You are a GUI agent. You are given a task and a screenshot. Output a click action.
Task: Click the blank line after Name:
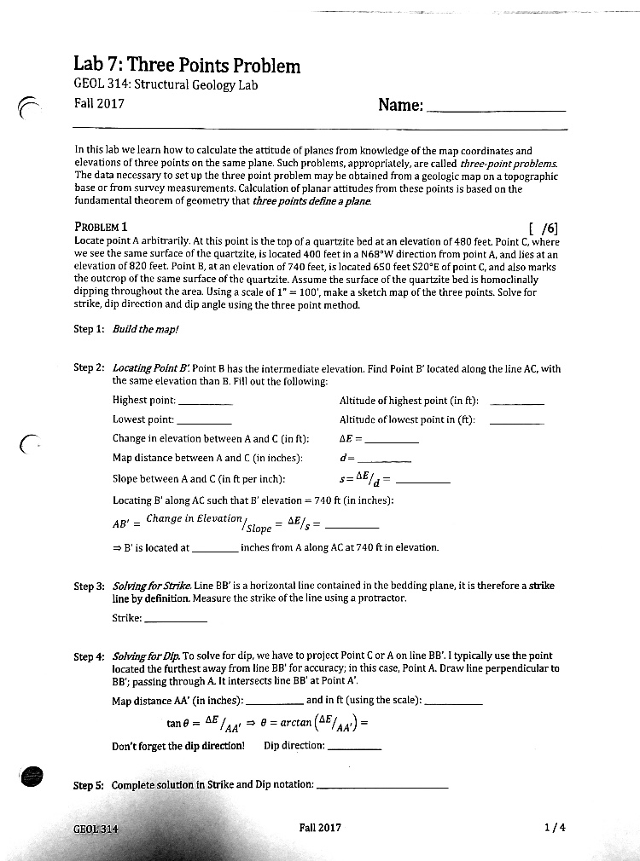point(495,111)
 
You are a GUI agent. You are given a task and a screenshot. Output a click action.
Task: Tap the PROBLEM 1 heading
point(101,227)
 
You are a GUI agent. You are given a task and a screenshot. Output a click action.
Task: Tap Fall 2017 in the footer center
point(320,827)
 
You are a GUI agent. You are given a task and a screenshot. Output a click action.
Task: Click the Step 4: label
point(89,656)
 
